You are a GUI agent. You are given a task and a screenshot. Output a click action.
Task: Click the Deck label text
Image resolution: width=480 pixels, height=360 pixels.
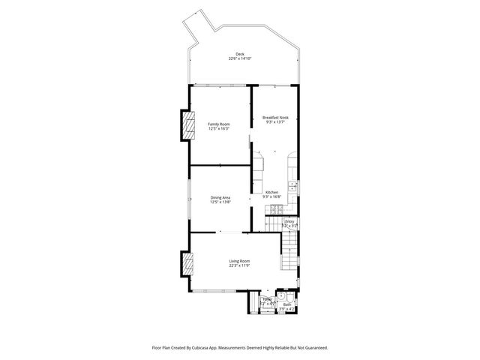click(x=239, y=54)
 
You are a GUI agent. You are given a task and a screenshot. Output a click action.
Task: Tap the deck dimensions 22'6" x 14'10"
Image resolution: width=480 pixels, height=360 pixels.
click(x=239, y=58)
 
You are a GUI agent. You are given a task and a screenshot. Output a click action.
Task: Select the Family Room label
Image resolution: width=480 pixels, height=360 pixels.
click(x=218, y=124)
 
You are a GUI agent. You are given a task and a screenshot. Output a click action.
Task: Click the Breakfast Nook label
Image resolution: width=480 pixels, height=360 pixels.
click(x=275, y=118)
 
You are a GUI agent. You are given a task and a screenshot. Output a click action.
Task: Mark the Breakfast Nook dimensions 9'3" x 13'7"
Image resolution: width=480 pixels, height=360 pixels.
click(x=275, y=122)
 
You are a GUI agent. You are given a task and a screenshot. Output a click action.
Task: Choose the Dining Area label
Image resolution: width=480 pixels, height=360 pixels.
click(x=220, y=197)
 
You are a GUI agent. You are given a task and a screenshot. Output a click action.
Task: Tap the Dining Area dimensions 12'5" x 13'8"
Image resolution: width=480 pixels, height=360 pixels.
click(x=220, y=202)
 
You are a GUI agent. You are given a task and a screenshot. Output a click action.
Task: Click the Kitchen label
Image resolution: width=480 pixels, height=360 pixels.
click(x=271, y=192)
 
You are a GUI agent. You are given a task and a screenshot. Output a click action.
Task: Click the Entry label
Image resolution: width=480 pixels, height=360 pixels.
click(x=289, y=221)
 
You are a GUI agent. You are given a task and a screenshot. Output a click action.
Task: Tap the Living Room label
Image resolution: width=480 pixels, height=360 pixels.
click(x=239, y=260)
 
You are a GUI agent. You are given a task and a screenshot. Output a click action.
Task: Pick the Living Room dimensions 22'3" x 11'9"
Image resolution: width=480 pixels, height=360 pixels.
click(x=239, y=265)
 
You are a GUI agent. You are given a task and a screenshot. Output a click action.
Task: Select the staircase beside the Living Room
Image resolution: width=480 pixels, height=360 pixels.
click(x=289, y=251)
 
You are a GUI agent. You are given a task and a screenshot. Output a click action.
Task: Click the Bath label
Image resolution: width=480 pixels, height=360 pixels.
click(x=287, y=304)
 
